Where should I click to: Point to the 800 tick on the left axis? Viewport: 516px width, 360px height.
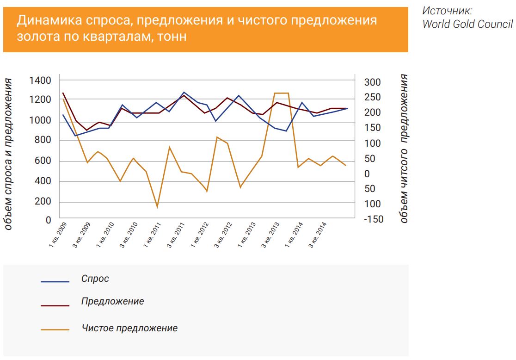[42, 140]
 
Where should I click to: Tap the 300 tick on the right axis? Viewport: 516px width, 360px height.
[372, 82]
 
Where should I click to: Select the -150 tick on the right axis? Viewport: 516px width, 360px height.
[373, 219]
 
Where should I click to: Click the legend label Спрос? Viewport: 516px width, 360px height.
[95, 279]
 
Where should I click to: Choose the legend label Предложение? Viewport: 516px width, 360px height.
[112, 301]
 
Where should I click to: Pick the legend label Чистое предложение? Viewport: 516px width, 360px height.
[129, 328]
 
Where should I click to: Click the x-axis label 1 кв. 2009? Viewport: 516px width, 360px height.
[58, 235]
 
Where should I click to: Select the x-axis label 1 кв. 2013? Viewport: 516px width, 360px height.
[247, 235]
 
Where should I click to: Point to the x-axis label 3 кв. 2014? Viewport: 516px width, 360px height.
[318, 235]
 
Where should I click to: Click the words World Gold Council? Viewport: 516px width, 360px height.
[467, 25]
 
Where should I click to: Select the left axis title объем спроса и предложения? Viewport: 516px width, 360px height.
[9, 154]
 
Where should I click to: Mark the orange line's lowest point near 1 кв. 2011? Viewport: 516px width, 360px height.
[157, 207]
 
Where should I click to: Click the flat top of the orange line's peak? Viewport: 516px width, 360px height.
[282, 93]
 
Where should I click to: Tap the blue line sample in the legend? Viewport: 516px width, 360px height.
[55, 281]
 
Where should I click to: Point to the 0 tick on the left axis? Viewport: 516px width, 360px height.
[48, 220]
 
